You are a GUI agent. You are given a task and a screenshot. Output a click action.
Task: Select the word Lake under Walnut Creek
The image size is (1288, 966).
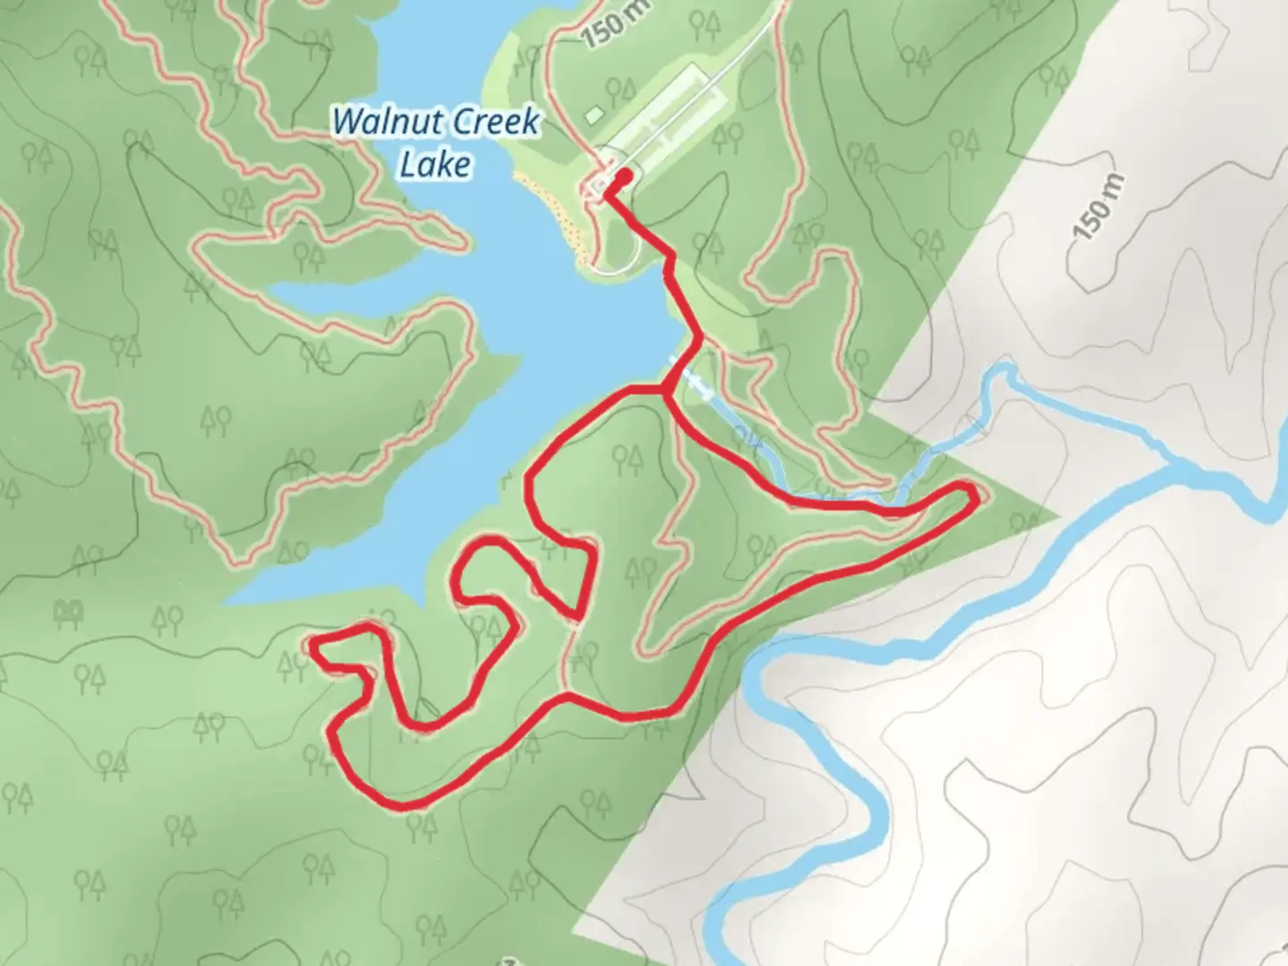(435, 164)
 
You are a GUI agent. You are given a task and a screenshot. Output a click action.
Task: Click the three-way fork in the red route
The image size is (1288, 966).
(664, 390)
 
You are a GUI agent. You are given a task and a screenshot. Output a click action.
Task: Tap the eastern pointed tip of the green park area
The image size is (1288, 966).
(1055, 516)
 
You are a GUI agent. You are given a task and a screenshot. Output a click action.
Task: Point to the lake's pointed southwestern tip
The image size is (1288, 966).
(228, 600)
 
